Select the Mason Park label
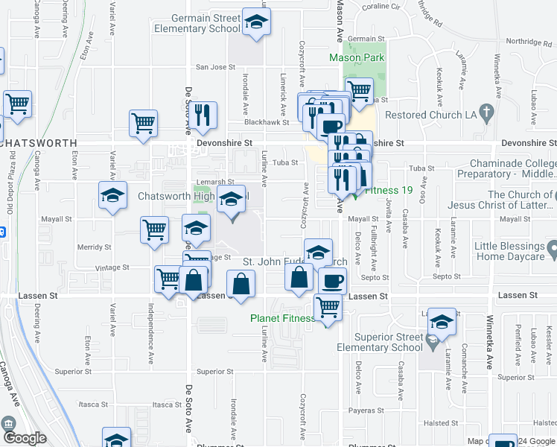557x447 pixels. click(357, 58)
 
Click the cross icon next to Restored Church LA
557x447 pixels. click(488, 115)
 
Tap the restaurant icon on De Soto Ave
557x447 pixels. click(202, 115)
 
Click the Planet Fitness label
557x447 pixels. click(282, 318)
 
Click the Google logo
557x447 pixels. click(24, 438)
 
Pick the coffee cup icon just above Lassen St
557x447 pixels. click(332, 281)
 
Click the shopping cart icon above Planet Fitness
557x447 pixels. click(328, 306)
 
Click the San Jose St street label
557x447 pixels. click(215, 67)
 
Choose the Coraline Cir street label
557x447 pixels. click(381, 8)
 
